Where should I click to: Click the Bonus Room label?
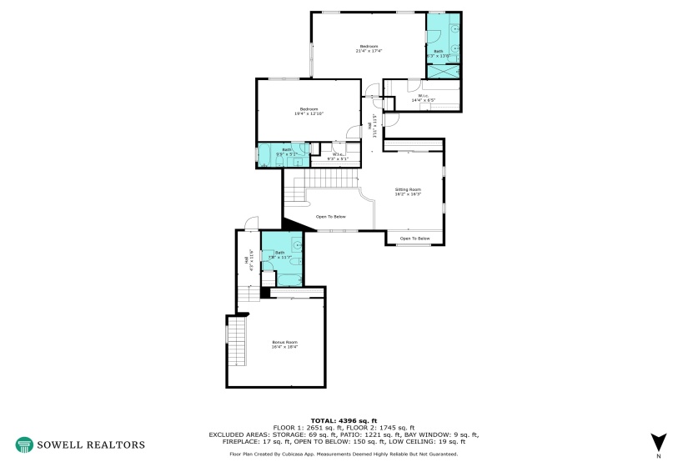tap(284, 344)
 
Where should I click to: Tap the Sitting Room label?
tap(408, 192)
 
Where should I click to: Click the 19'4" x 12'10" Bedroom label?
tap(309, 111)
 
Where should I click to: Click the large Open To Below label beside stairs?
tap(331, 217)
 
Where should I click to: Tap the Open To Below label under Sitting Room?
tap(414, 239)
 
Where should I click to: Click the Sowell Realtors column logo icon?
tap(24, 444)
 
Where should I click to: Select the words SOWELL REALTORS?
tap(90, 444)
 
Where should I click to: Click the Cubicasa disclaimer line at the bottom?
tap(344, 454)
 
